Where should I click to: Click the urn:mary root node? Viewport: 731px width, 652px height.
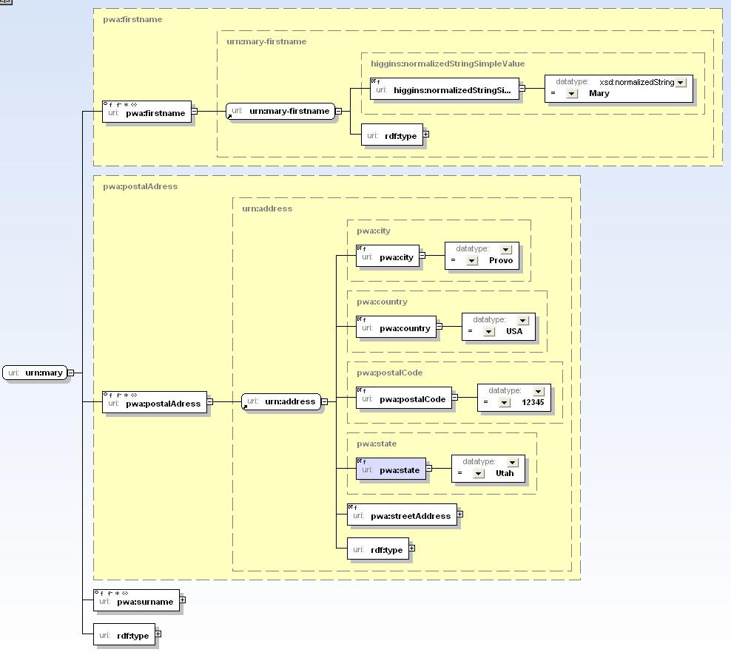coord(35,373)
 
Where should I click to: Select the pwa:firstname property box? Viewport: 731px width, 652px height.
coord(146,112)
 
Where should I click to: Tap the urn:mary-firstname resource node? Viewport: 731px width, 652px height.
coord(280,112)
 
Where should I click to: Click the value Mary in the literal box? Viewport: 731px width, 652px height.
coord(599,94)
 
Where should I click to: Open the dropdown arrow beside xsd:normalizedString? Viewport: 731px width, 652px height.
coord(681,83)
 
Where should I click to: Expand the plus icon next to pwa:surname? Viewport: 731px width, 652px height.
coord(182,600)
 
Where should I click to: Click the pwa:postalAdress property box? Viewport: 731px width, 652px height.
coord(155,402)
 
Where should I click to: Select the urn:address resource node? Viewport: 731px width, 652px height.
coord(281,401)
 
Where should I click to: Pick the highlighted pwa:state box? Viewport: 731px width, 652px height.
coord(391,469)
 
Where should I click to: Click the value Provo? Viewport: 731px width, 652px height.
coord(501,261)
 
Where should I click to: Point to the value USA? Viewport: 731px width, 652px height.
coord(514,332)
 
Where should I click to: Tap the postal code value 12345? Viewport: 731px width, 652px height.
coord(533,402)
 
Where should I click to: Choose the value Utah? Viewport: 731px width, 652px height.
coord(505,474)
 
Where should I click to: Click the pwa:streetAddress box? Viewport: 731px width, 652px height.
coord(402,515)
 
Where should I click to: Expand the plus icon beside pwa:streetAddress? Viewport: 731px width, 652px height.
coord(460,515)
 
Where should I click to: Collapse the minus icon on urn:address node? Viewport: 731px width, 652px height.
coord(325,401)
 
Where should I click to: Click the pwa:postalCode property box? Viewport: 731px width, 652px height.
coord(404,398)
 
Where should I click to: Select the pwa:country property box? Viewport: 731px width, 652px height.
coord(397,327)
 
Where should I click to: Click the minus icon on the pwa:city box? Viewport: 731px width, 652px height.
coord(422,255)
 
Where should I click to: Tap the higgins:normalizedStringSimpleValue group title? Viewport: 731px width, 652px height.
coord(448,64)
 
